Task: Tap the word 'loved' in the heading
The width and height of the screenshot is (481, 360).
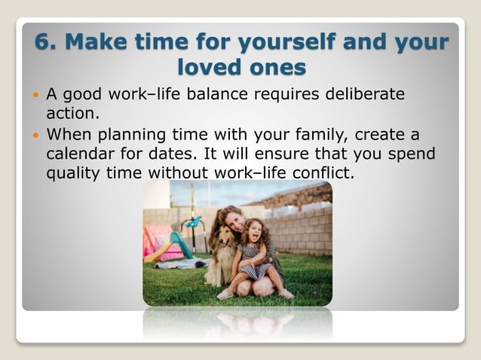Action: (x=210, y=67)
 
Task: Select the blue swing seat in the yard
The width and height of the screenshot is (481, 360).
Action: (x=194, y=223)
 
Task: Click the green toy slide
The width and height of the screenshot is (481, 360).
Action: (x=181, y=245)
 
